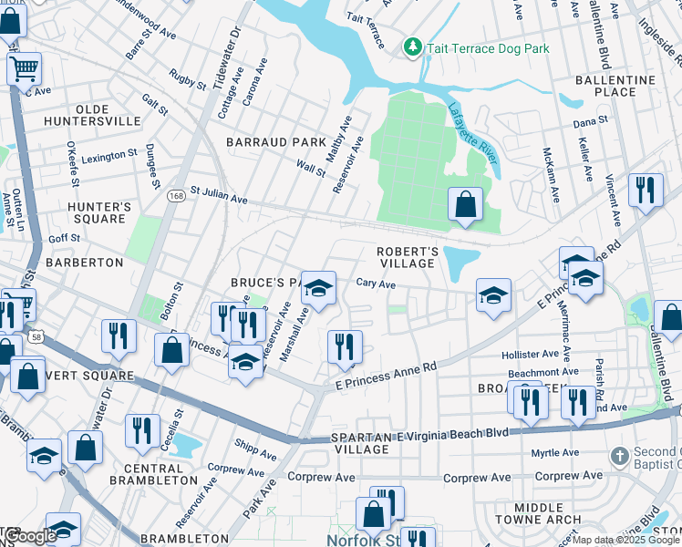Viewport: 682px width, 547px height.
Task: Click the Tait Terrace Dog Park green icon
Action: tap(413, 46)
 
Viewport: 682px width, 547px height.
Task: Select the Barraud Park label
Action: tap(275, 143)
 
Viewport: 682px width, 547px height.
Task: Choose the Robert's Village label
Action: tap(408, 257)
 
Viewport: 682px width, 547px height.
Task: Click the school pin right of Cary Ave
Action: tap(492, 295)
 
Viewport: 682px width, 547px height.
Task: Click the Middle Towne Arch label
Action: tap(546, 514)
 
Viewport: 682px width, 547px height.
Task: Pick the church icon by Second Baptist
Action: tap(618, 455)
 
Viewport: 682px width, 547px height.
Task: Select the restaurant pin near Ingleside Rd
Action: tap(645, 191)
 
